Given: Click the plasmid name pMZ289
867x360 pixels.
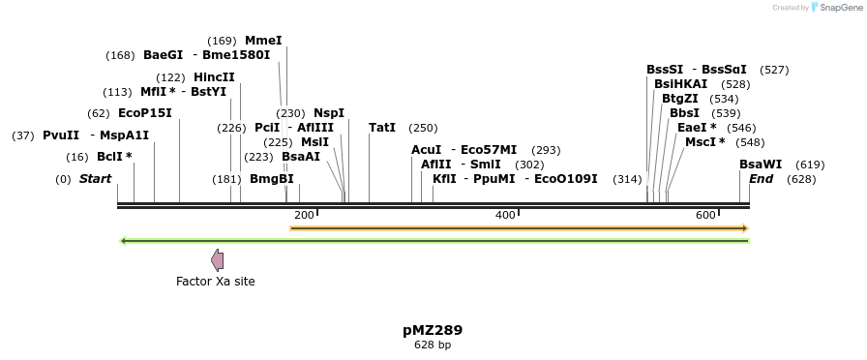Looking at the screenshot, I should tap(433, 330).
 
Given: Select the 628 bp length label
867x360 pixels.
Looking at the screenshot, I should tap(433, 345).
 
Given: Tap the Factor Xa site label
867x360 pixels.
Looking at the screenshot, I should tap(216, 282).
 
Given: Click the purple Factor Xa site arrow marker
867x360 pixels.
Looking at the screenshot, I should tap(218, 259).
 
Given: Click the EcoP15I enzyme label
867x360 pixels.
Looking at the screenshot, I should tap(144, 113).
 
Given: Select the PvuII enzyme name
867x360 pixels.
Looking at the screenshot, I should tap(61, 135).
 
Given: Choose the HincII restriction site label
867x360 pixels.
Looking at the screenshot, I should tap(214, 77).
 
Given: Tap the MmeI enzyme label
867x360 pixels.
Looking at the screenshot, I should tap(263, 41).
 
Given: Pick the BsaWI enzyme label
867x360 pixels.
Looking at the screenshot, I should tap(761, 165).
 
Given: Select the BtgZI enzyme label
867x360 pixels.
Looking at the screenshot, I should tap(680, 99).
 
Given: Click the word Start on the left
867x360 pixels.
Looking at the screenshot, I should tap(95, 179).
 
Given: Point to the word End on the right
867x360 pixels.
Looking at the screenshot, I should tap(761, 179).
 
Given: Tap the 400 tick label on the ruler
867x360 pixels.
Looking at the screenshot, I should tap(505, 215).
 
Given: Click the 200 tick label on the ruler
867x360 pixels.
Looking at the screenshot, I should tap(304, 215).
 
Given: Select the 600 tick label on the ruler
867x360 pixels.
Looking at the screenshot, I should tap(705, 215).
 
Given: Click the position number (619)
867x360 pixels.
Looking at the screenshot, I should tap(810, 165).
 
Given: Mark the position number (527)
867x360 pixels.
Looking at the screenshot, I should tap(774, 70).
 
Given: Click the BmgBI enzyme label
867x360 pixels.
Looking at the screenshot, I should tap(272, 179).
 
